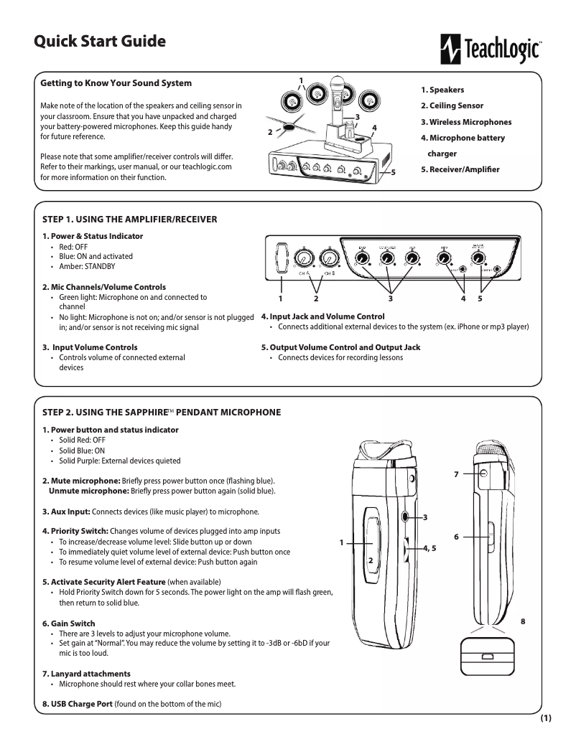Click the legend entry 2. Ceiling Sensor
point(452,106)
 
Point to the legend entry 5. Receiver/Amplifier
point(460,169)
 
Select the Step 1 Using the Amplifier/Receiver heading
point(130,219)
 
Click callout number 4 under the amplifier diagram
point(464,298)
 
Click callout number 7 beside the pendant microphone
point(455,475)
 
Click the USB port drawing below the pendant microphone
point(486,656)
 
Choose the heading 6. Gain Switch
point(69,623)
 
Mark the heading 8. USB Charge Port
point(78,704)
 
